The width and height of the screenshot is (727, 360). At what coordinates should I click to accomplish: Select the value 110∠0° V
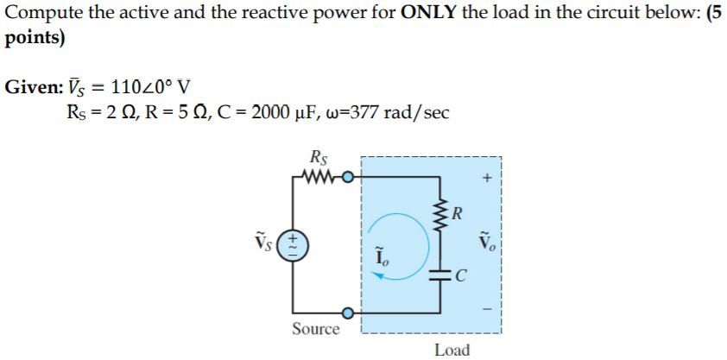149,87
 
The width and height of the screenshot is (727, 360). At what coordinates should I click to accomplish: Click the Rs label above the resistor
316,159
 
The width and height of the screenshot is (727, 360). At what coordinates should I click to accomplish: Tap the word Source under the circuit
315,329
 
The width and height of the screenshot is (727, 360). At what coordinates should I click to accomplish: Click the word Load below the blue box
452,350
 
